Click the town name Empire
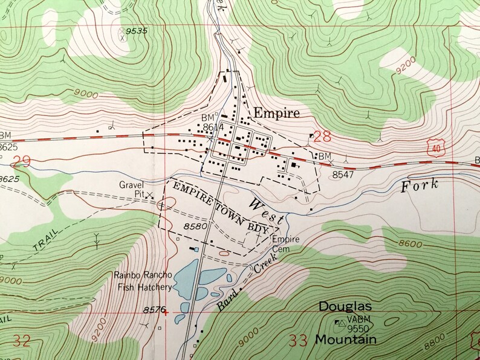[276, 113]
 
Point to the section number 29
[21, 161]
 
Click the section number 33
[299, 340]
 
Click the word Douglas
[345, 307]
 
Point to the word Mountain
[345, 339]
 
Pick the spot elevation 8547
[343, 173]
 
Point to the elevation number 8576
[155, 310]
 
